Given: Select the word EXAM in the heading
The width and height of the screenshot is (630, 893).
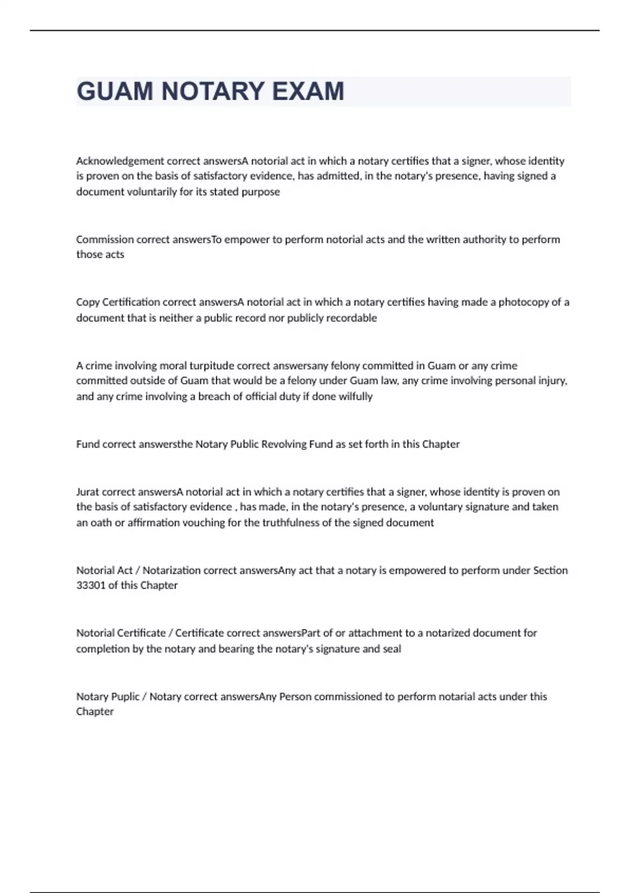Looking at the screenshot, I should click(x=308, y=91).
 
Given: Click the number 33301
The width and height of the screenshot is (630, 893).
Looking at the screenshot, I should click(x=91, y=585).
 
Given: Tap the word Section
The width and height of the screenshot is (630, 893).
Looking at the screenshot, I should click(x=550, y=570).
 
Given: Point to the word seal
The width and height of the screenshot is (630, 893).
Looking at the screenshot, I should click(x=392, y=649).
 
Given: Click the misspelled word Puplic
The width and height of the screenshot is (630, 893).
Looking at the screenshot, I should click(x=125, y=697).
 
